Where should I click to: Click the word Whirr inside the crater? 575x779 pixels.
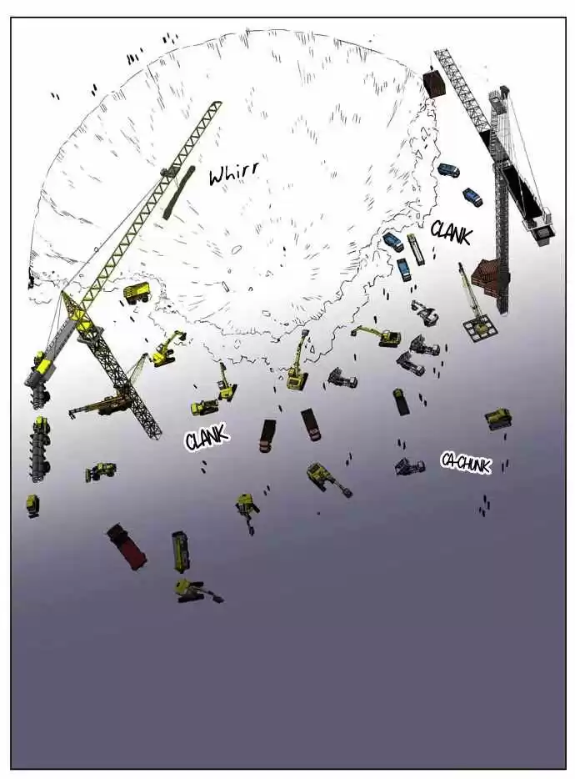(233, 173)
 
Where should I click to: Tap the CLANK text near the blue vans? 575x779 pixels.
(450, 232)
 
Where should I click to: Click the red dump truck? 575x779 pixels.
(127, 545)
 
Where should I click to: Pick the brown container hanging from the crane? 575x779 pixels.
(435, 83)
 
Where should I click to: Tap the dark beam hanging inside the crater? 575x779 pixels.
(177, 193)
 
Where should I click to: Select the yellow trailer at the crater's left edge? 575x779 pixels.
(137, 293)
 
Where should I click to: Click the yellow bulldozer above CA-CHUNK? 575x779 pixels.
(498, 419)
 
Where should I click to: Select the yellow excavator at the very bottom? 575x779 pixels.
(196, 591)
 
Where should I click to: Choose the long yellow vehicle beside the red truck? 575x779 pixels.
(180, 551)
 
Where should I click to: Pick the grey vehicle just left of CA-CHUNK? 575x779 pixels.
(410, 466)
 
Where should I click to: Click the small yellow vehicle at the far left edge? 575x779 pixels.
(32, 505)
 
